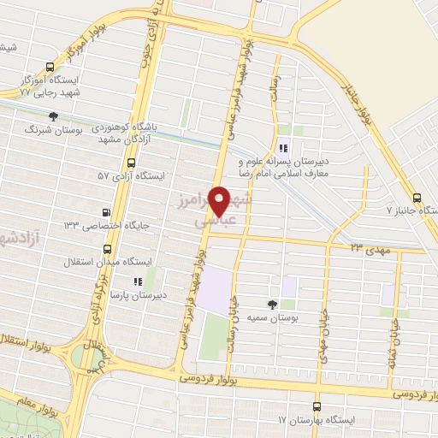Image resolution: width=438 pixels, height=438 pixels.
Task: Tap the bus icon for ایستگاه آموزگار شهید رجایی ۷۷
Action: pos(50,66)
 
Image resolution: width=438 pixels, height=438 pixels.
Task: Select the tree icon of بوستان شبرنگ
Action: pos(54,115)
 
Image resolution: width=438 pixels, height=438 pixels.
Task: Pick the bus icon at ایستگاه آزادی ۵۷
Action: pos(131,163)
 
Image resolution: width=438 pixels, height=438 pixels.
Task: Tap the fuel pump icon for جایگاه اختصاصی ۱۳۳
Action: pos(106,213)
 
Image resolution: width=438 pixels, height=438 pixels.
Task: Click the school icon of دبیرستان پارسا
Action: pos(136,281)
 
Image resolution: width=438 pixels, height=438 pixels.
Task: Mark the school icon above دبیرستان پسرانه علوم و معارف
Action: pos(284,145)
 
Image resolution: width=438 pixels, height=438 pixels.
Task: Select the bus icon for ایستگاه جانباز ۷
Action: pos(416,196)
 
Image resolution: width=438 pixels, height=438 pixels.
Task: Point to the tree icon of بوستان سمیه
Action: pos(272,305)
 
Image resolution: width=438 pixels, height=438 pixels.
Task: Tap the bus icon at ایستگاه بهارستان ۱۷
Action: pos(317,407)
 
